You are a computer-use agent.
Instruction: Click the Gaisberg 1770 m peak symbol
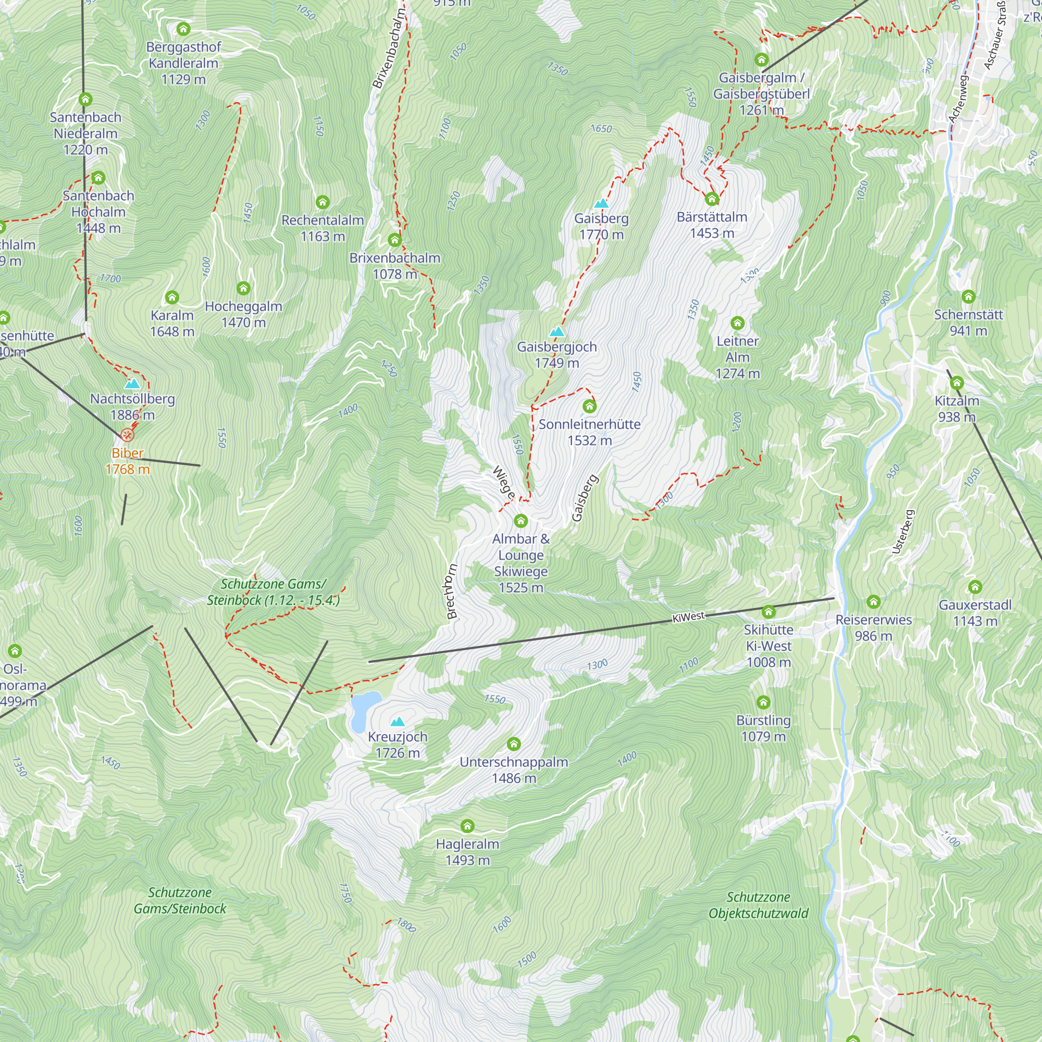coord(601,204)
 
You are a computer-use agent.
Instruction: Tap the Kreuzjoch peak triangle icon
coord(398,722)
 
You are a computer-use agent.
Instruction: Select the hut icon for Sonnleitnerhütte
coord(589,406)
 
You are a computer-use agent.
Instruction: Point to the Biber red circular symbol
coord(127,435)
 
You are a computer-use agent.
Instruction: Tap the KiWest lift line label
coord(688,617)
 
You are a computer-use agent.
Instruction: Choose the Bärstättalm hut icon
coord(712,199)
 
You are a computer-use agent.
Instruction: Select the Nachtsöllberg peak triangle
coord(132,384)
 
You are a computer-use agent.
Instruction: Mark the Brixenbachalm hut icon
coord(395,240)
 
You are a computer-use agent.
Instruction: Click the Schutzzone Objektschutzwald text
coord(758,905)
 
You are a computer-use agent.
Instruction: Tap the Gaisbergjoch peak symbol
coord(557,332)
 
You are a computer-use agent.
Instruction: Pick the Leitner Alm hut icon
coord(737,323)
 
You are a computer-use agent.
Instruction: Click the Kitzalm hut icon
coord(957,383)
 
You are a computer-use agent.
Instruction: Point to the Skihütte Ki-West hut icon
coord(768,612)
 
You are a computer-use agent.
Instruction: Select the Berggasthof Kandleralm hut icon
coord(183,29)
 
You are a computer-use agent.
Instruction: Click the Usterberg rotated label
coord(903,532)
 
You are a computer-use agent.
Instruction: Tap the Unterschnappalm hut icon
coord(514,745)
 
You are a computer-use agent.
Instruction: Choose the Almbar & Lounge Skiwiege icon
coord(520,520)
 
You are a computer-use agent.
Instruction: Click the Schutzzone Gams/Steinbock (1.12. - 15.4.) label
coord(274,592)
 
